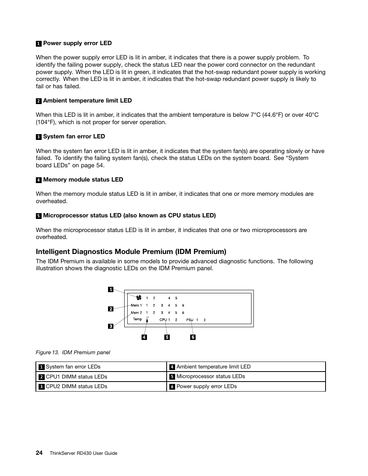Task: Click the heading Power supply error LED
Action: click(x=77, y=43)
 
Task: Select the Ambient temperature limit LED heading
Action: click(x=87, y=101)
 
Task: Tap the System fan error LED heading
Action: click(x=74, y=136)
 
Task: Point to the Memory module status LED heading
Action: click(x=83, y=180)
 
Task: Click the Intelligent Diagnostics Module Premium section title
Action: click(x=131, y=252)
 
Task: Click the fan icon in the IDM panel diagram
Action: click(x=139, y=298)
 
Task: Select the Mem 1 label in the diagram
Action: click(x=136, y=305)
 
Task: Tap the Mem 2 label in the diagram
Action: click(x=136, y=313)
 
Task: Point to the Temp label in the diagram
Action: click(x=137, y=319)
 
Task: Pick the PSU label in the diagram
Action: click(x=189, y=320)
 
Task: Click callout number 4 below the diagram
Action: click(x=144, y=337)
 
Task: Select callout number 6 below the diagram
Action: click(x=193, y=337)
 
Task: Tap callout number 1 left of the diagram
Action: click(x=111, y=289)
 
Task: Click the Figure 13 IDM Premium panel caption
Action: click(x=73, y=352)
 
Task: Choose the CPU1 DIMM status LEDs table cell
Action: click(x=76, y=377)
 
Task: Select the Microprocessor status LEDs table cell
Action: click(x=211, y=377)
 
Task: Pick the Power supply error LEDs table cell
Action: click(x=206, y=386)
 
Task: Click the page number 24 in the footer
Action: click(x=39, y=453)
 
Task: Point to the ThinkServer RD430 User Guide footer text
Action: click(x=83, y=453)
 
